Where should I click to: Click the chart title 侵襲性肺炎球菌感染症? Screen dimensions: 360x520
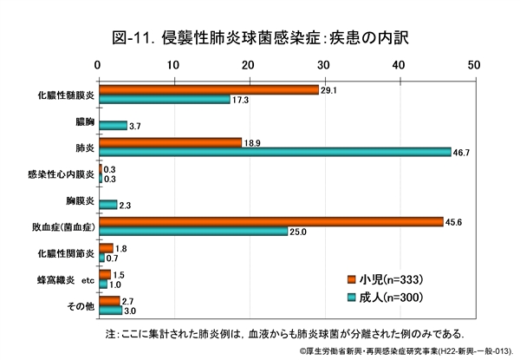260,37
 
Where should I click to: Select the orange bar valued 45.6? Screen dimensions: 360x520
270,222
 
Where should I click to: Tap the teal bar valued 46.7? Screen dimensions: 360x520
275,151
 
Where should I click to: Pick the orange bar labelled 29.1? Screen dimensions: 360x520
208,89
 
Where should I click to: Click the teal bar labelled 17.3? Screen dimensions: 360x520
164,100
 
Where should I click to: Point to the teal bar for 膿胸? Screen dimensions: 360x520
113,125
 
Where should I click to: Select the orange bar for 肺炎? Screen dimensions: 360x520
170,141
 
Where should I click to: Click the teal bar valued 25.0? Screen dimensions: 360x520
193,232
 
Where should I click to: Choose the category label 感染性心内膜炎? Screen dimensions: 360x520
62,174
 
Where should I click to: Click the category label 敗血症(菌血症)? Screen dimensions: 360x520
63,227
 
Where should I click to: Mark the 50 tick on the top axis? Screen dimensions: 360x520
473,64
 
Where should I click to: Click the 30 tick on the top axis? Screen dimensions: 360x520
323,64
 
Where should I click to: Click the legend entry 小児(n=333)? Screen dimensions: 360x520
390,278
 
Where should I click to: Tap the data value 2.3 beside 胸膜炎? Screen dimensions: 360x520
126,205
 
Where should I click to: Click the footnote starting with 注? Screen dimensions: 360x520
284,333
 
